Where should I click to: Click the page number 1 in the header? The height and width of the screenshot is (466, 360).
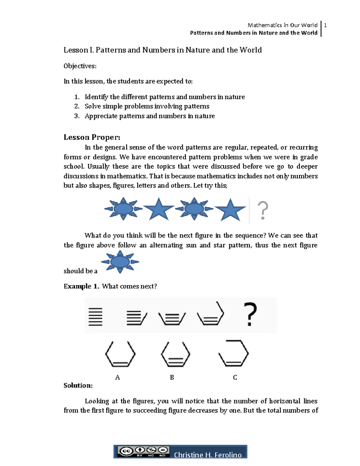325,26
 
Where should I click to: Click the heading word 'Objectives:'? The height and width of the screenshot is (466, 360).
80,66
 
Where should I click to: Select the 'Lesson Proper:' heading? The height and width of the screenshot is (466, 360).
92,137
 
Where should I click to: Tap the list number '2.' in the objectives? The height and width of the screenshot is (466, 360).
77,106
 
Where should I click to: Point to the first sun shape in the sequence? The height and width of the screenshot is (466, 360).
123,208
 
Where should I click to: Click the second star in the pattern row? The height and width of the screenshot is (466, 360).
230,210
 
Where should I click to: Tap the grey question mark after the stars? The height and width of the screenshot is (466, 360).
263,210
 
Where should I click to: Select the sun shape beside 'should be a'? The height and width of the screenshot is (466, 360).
120,262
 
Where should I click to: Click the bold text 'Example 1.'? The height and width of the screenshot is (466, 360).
81,286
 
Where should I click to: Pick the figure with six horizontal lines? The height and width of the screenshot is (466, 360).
95,317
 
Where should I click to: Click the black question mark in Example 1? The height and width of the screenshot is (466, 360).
250,314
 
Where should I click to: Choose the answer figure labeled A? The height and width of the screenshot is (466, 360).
120,354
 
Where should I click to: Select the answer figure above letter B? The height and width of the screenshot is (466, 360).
175,354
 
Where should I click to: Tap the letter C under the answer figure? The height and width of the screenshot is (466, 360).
235,377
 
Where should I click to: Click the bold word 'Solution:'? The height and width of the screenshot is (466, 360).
78,386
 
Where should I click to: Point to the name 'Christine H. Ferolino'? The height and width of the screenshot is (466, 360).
208,455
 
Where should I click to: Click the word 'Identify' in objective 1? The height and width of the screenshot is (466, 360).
96,97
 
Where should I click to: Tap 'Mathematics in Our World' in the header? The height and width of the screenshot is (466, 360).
282,25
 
